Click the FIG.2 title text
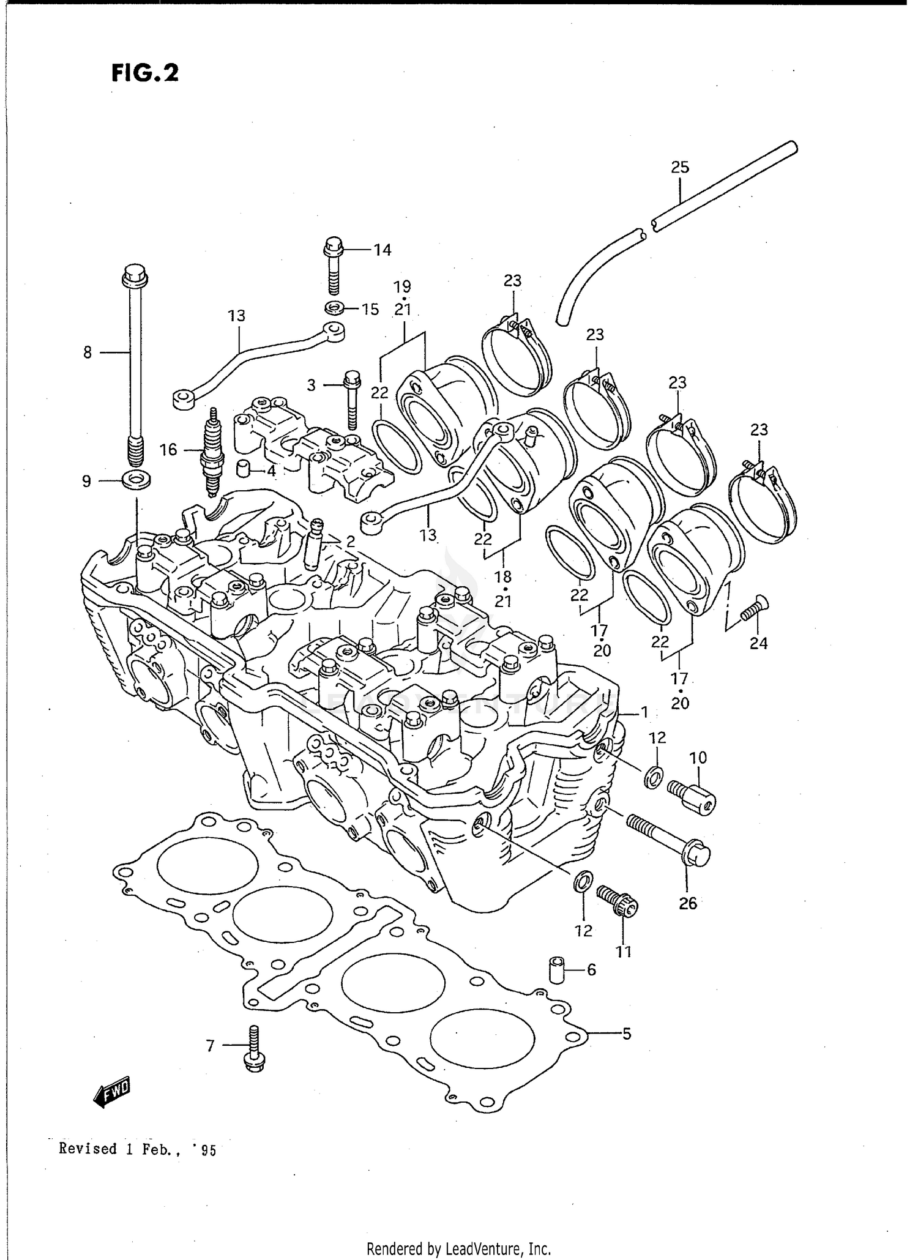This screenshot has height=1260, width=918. pos(145,73)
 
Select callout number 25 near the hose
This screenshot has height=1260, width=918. pos(680,167)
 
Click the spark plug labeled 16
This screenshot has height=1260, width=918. pos(212,453)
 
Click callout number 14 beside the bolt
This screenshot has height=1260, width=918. pos(382,250)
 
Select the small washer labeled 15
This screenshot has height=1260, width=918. pos(334,307)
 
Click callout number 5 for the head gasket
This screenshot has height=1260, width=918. pos(626,1034)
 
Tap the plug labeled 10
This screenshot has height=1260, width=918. pos(692,796)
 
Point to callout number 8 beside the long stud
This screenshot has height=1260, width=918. pos(88,352)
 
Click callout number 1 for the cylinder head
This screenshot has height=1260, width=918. pos(644,712)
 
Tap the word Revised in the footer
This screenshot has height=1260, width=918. pos(88,1149)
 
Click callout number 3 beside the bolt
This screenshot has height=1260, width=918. pos(312,385)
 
